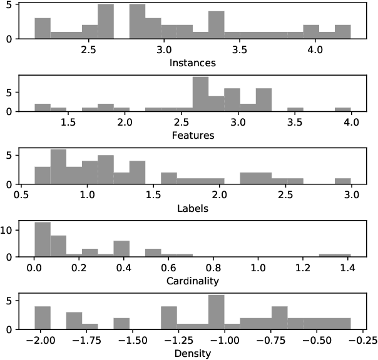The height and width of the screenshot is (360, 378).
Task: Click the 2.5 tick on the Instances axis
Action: (x=88, y=48)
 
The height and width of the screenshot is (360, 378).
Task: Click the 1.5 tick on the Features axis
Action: (x=68, y=121)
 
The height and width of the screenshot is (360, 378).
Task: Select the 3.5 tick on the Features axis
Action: (x=295, y=121)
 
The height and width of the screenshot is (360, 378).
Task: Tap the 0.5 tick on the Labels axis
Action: (x=22, y=193)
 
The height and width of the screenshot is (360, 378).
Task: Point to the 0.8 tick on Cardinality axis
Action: (x=213, y=266)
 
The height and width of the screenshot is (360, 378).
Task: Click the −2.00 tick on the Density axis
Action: (x=42, y=338)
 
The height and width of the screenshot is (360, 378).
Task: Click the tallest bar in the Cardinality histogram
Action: (x=42, y=239)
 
